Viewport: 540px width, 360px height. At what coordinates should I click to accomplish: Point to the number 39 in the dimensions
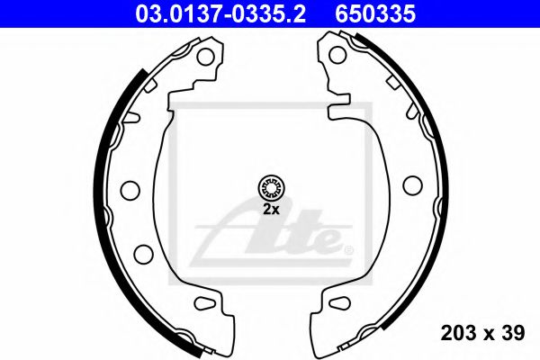[x=513, y=334]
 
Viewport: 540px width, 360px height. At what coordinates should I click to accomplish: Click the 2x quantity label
[x=271, y=209]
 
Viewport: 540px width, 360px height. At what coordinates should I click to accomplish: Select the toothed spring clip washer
[x=270, y=188]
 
